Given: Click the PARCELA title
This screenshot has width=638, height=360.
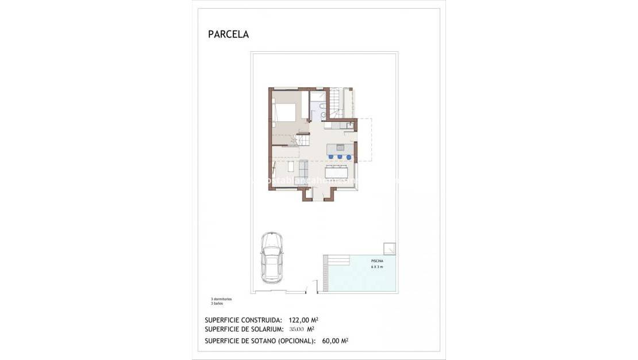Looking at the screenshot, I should click(228, 35).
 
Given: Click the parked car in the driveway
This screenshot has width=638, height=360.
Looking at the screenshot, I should click(271, 256).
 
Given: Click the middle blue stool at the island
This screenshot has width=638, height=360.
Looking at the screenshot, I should click(340, 156).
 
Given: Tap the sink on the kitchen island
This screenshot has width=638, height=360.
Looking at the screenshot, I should click(340, 147).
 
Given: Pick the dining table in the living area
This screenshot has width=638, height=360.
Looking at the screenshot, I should click(337, 172).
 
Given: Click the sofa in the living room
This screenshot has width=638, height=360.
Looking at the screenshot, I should click(303, 168).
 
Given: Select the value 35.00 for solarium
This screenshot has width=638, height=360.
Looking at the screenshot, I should click(297, 330).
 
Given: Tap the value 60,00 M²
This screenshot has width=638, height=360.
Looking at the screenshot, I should click(335, 340).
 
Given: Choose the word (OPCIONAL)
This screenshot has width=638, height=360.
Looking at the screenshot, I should click(294, 340).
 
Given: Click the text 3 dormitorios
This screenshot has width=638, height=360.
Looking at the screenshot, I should click(221, 300).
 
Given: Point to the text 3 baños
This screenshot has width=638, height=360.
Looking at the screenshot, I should click(216, 304).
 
